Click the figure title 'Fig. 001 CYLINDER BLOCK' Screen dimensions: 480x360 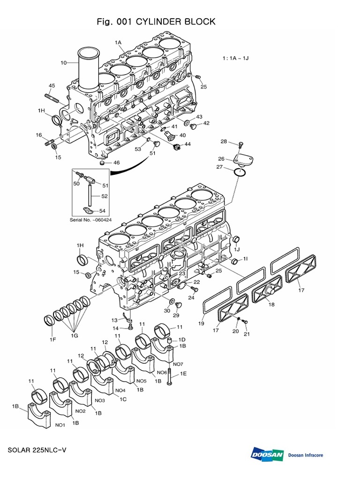tap(156, 22)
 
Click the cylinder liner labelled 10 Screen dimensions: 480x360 tap(89, 70)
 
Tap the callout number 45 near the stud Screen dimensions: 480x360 tap(52, 85)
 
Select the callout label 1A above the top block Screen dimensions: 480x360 tap(118, 42)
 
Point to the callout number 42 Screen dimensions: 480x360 tap(206, 123)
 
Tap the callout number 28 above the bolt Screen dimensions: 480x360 tap(224, 142)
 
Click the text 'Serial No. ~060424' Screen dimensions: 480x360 tap(90, 220)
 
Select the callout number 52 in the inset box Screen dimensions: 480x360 tap(104, 196)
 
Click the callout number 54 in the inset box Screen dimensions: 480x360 tap(102, 211)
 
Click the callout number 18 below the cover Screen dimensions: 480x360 tap(271, 305)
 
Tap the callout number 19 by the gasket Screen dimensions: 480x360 tap(202, 323)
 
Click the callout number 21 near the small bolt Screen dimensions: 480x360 tap(247, 334)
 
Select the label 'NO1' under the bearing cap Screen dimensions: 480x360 tap(60, 425)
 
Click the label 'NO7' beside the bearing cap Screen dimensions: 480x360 tap(178, 364)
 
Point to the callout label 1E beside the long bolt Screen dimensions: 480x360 tap(184, 374)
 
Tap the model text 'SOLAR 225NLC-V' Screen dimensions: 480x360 tap(37, 450)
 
